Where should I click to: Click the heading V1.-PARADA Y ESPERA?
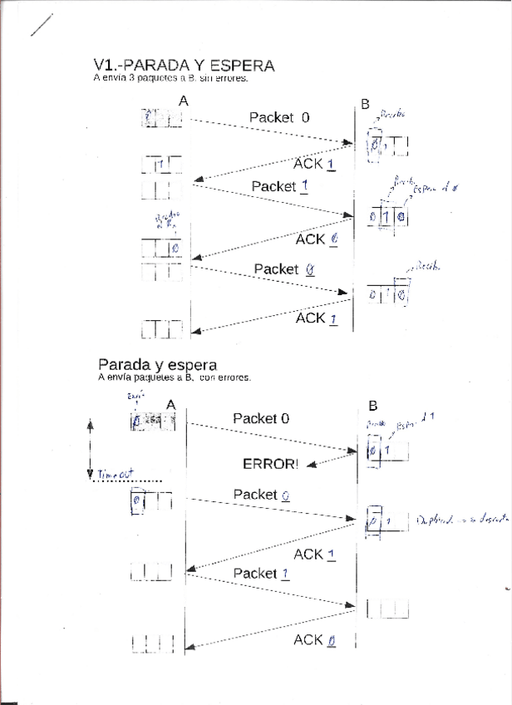tap(184, 65)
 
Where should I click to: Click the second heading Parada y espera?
tap(157, 364)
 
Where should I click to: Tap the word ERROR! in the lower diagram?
tap(270, 464)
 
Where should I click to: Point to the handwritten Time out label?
tap(115, 475)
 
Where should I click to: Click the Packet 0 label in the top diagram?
tap(279, 117)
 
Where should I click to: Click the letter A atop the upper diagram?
tap(184, 101)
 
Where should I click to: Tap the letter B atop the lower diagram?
tap(372, 406)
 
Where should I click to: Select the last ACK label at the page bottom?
tap(314, 639)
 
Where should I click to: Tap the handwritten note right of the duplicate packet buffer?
tap(452, 520)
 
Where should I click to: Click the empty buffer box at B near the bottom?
tap(387, 609)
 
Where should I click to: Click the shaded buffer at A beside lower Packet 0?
tap(155, 422)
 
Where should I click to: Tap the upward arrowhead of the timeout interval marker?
tap(88, 422)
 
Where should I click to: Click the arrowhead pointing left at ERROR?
tap(311, 465)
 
